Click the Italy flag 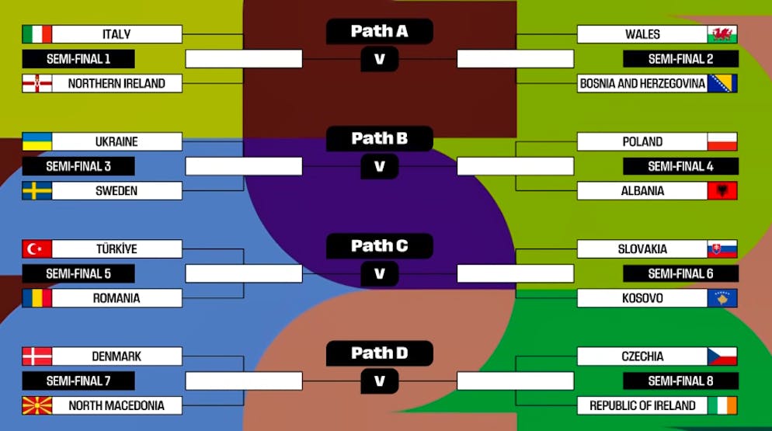point(37,34)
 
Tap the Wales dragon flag point(722,34)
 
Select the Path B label point(379,139)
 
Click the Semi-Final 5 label point(78,273)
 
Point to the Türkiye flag point(37,249)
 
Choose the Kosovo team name point(642,298)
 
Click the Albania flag point(722,191)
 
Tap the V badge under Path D point(379,381)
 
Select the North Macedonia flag point(37,405)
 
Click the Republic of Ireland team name point(642,405)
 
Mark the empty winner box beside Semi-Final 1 point(243,59)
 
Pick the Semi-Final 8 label point(680,381)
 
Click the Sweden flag point(37,191)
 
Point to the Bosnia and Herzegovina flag point(722,83)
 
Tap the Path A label point(379,31)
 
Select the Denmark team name point(116,356)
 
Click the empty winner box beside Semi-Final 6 point(515,273)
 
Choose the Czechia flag point(722,356)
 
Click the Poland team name point(642,142)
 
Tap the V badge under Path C point(379,274)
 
